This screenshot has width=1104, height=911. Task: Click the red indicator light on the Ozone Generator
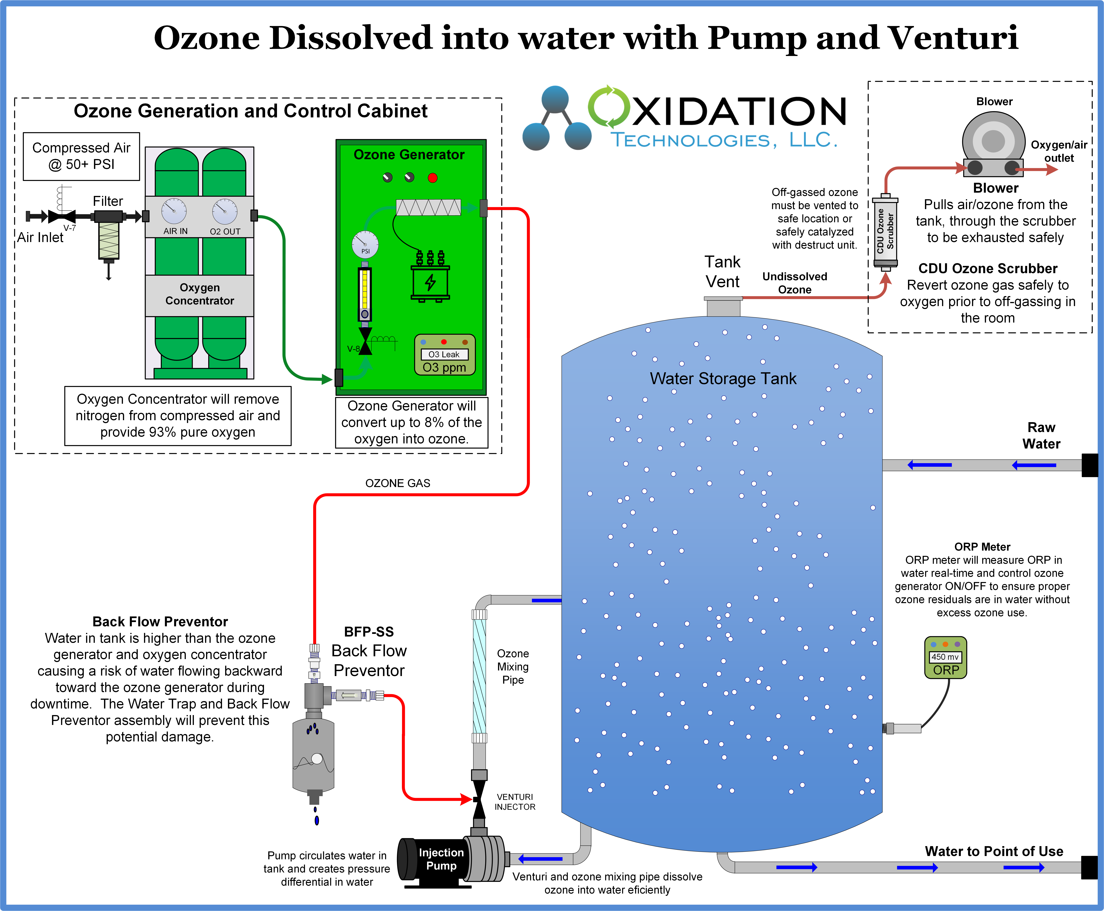coord(432,178)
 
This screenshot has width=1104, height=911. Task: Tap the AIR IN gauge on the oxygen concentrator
coord(174,211)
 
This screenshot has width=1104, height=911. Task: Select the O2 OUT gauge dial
coord(224,211)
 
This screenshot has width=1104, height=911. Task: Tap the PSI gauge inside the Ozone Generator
coord(365,244)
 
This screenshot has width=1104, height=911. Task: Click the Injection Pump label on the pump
coord(441,859)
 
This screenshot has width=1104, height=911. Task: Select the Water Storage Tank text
coord(723,378)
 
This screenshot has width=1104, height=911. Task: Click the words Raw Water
coord(1041,435)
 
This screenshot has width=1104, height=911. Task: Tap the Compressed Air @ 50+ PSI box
coord(81,156)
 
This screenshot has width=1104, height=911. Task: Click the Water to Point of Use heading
coord(994,851)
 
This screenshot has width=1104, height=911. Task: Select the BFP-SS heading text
coord(369,632)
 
